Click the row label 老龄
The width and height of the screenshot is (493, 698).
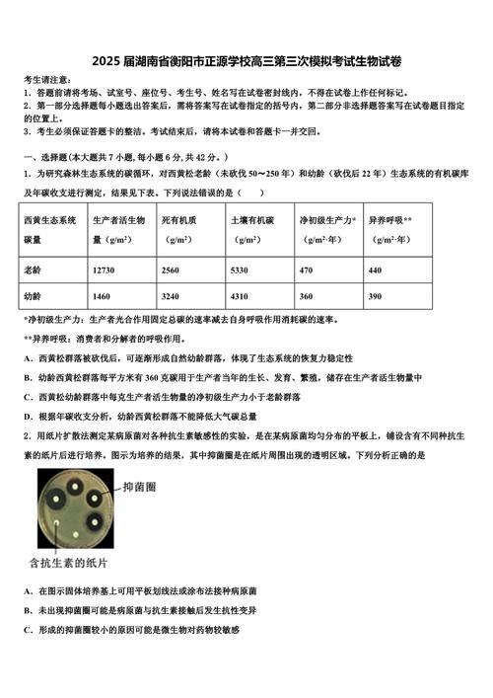[34, 270]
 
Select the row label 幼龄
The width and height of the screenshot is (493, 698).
[34, 296]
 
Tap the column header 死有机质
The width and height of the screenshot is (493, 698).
[178, 221]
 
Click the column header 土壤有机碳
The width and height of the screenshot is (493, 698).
[250, 221]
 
